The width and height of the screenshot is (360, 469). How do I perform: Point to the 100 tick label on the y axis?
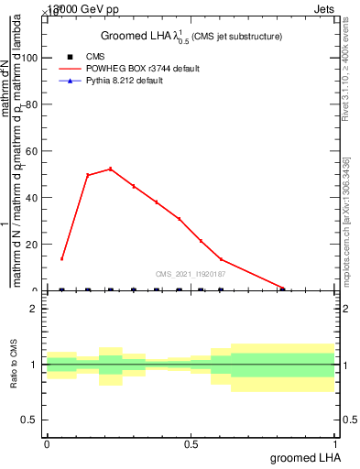coord(28,58)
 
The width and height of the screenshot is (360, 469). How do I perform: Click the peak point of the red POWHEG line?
coord(111,169)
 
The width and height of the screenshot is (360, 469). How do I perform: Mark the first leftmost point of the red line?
coord(61,259)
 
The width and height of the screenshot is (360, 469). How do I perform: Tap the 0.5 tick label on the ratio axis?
coord(29,420)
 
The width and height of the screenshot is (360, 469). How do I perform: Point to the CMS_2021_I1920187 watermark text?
coord(191,274)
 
